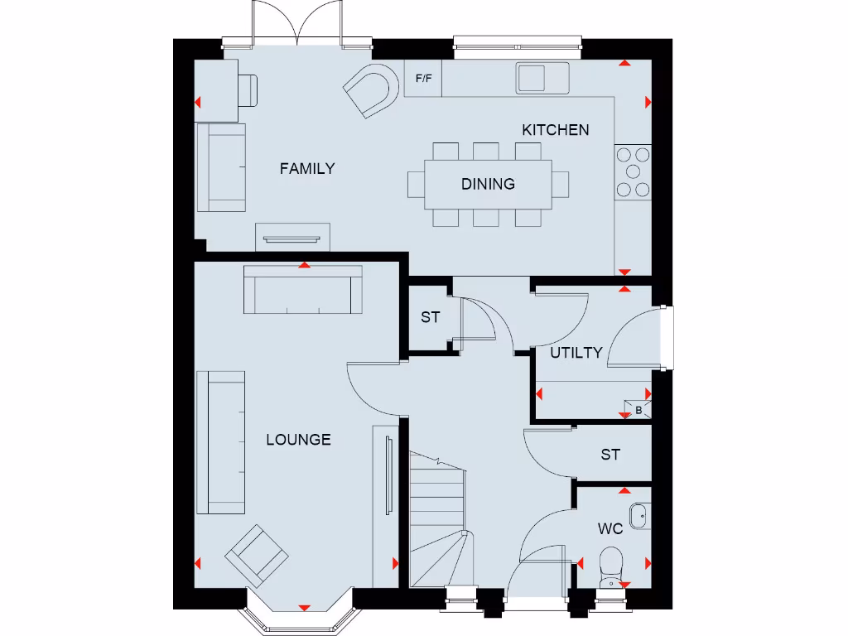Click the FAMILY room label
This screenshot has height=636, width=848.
[x=307, y=169]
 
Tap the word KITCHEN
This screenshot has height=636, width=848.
[x=555, y=130]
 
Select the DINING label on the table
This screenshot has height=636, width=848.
[x=488, y=184]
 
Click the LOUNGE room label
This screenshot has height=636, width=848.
[x=298, y=440]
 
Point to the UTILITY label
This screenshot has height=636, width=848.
[x=576, y=353]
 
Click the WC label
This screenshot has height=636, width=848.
[x=610, y=528]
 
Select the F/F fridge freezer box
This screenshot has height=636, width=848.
[x=423, y=79]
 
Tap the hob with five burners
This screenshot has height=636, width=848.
[x=634, y=172]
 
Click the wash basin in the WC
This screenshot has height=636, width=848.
[x=638, y=517]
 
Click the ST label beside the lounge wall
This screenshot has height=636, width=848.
[x=430, y=317]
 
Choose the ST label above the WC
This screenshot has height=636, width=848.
[x=610, y=455]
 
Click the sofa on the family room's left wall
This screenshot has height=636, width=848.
[x=221, y=168]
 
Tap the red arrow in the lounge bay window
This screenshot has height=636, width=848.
[x=303, y=608]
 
